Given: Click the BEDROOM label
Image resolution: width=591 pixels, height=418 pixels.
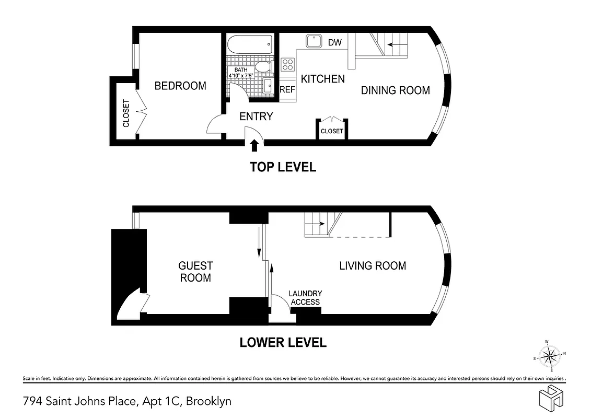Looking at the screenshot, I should [x=180, y=86].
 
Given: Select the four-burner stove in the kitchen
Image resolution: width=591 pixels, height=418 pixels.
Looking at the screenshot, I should [x=288, y=64].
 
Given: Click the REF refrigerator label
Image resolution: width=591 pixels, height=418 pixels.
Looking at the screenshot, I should [x=287, y=89].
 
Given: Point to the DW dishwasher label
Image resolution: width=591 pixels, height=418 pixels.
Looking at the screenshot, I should [x=334, y=42].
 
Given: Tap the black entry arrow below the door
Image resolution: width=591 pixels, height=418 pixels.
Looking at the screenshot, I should [x=255, y=145].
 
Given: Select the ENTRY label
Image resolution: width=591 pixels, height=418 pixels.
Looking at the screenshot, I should [x=256, y=116].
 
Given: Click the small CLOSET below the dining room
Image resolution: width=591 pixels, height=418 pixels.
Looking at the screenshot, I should [x=332, y=131].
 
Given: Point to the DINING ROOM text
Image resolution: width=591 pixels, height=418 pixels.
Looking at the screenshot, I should [x=396, y=90].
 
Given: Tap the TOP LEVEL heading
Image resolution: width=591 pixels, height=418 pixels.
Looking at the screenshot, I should [x=283, y=167].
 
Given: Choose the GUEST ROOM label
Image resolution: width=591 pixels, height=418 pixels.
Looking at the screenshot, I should [x=195, y=272].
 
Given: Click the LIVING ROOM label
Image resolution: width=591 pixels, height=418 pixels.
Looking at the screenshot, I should [x=373, y=265].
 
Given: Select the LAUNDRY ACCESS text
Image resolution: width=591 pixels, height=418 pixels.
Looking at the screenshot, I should [x=306, y=298].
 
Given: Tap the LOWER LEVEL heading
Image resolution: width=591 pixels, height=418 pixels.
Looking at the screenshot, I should [x=283, y=343].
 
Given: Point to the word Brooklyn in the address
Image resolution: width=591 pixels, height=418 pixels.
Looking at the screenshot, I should [x=208, y=401].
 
